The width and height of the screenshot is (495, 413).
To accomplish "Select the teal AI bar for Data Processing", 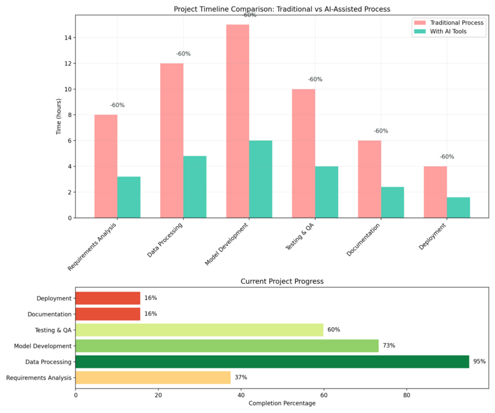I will pyautogui.click(x=194, y=187).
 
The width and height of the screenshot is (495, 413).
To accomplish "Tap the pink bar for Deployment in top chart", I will pyautogui.click(x=435, y=192).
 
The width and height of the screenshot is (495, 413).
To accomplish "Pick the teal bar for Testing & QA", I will pyautogui.click(x=326, y=192).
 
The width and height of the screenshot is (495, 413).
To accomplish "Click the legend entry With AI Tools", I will pyautogui.click(x=448, y=32).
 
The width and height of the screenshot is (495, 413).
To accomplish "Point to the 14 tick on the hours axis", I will pyautogui.click(x=68, y=38).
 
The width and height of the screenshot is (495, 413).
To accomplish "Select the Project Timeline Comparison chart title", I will pyautogui.click(x=282, y=9).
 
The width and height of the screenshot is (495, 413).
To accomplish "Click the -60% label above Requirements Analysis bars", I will pyautogui.click(x=117, y=105).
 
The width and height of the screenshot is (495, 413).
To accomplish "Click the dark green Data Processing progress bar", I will pyautogui.click(x=272, y=362).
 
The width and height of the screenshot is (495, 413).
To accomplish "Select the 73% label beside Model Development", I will pyautogui.click(x=389, y=346).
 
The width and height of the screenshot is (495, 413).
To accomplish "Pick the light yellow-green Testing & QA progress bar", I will pyautogui.click(x=199, y=330).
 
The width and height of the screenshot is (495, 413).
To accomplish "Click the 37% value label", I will pyautogui.click(x=240, y=377).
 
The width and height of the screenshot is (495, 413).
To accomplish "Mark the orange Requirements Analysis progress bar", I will pyautogui.click(x=153, y=377).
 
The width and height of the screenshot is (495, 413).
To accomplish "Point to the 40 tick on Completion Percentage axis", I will pyautogui.click(x=241, y=395).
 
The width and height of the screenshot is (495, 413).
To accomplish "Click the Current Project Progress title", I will pyautogui.click(x=282, y=282).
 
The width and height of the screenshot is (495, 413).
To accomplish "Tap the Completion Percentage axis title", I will pyautogui.click(x=282, y=403).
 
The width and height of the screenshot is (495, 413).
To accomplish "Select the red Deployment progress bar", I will pyautogui.click(x=108, y=298).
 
